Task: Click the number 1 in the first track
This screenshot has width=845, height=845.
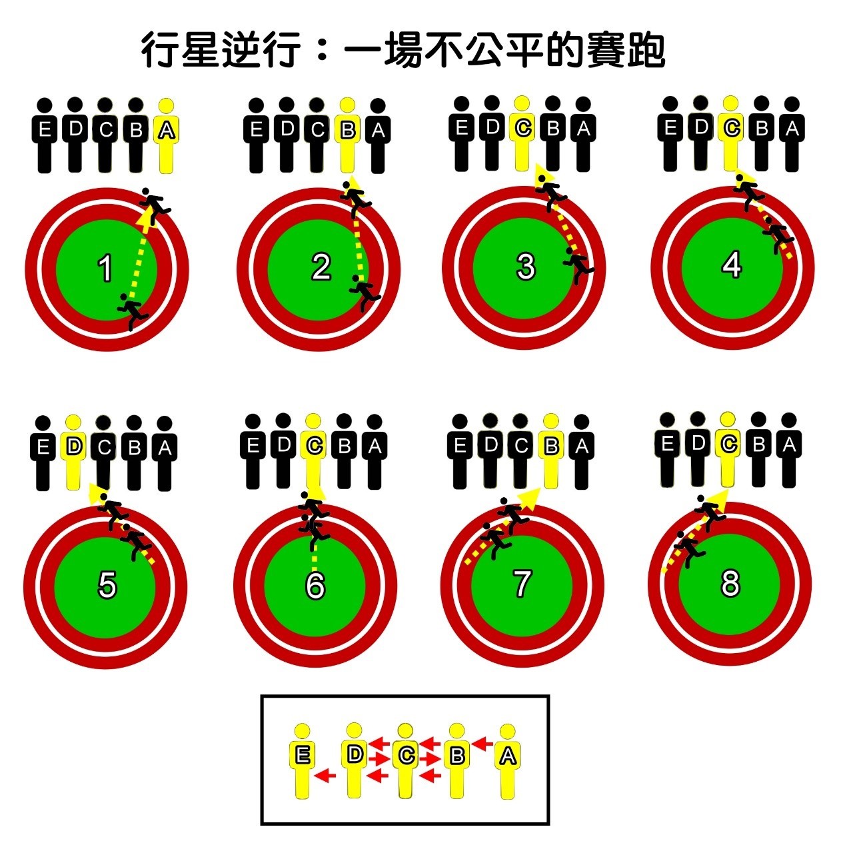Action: pos(105,269)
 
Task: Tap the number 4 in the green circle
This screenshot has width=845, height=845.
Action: pos(732,265)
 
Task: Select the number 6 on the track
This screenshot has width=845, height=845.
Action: pos(315,584)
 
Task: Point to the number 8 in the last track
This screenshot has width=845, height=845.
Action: pos(730,583)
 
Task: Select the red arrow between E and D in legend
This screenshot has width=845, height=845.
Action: pos(326,775)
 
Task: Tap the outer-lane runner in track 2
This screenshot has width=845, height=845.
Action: pos(356,196)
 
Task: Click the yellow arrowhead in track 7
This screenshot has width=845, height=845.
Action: pos(530,498)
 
